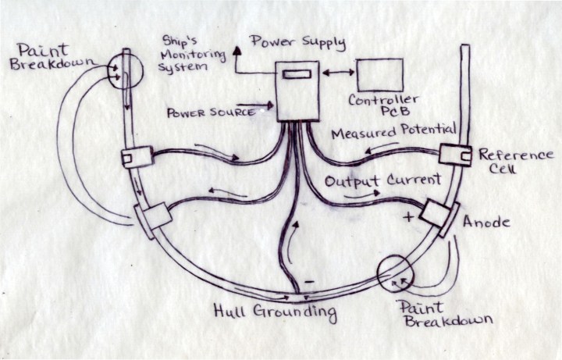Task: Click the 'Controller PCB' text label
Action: (x=383, y=106)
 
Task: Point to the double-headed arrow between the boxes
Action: (x=337, y=73)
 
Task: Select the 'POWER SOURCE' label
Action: (x=211, y=112)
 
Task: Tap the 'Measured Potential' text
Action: (x=393, y=134)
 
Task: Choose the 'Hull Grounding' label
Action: (x=275, y=313)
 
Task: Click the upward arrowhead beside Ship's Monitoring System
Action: (x=235, y=48)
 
